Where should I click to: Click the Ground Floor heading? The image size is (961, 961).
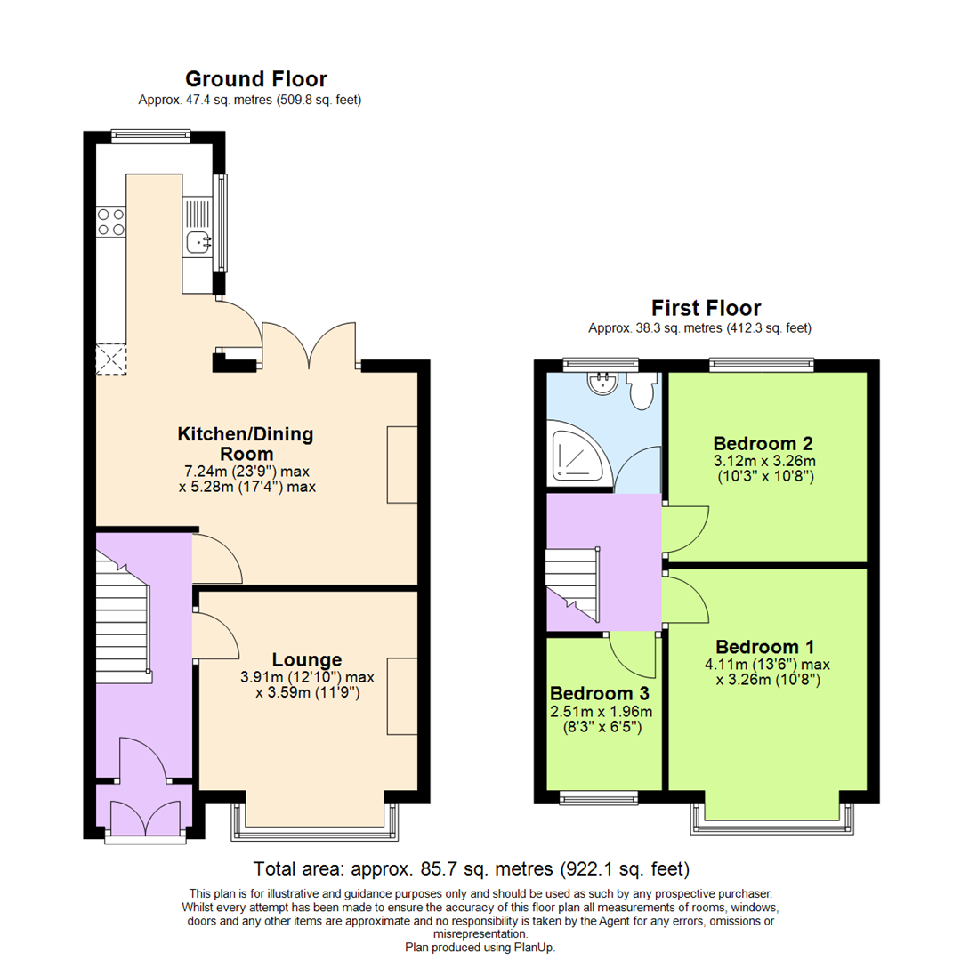[255, 79]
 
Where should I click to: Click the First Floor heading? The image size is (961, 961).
[706, 308]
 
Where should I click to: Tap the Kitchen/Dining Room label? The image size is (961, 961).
[246, 443]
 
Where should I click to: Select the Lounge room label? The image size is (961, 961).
[306, 659]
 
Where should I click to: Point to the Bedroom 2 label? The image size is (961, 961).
[763, 443]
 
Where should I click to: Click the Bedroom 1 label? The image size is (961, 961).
[765, 646]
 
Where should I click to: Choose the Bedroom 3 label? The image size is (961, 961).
[600, 693]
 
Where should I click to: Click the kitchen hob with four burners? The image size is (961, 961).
[110, 221]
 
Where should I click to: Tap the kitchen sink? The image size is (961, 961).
[197, 239]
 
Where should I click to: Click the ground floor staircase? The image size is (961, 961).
[122, 623]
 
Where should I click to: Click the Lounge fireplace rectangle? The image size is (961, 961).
[402, 697]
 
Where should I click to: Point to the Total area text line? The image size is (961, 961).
[472, 868]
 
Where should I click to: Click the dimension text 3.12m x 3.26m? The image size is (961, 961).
[765, 461]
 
